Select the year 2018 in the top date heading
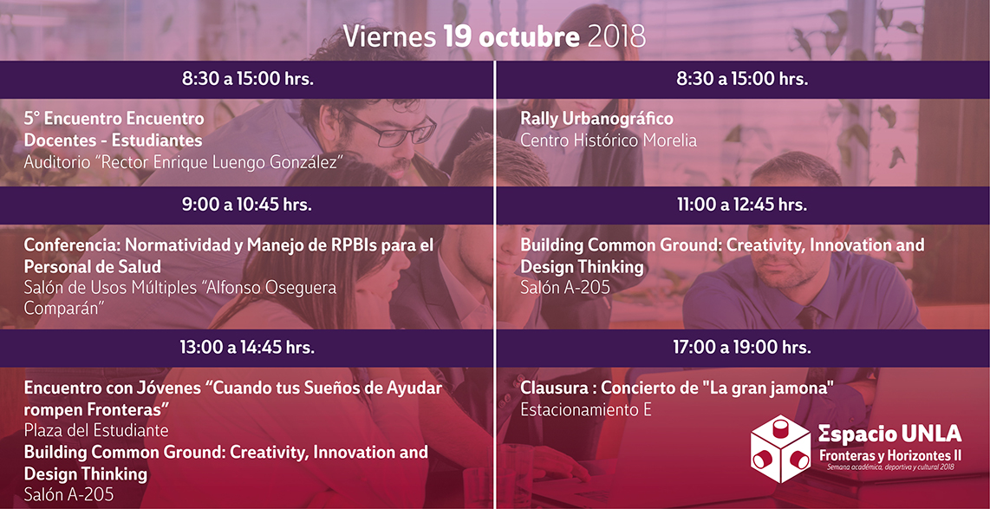coord(617,37)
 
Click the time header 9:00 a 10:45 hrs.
coord(247,205)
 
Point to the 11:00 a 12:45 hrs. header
coord(742,205)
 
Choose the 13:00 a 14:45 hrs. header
coord(247,347)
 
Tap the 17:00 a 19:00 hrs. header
coord(742,347)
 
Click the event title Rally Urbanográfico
coord(596,119)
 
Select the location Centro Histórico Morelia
coord(609,140)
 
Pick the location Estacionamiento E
coord(586,409)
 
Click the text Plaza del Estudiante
coord(96,431)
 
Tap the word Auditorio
coord(56,161)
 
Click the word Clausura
coord(557,388)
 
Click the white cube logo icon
coord(780,449)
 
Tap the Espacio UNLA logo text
coord(890,434)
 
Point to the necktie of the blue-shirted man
coord(808,317)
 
